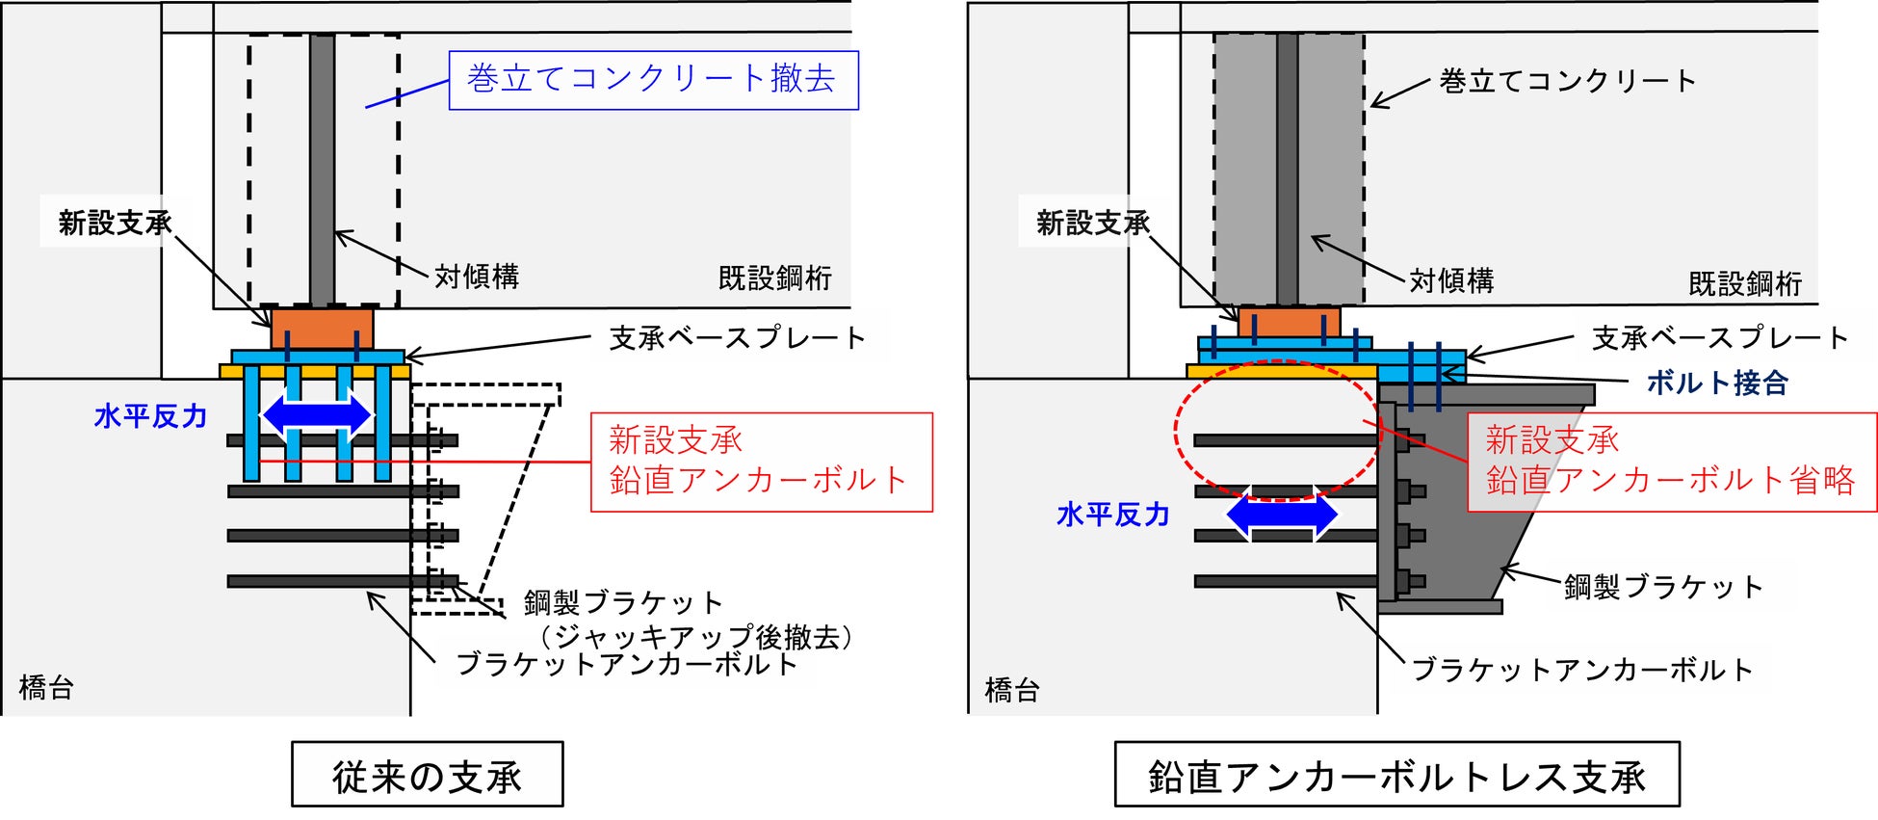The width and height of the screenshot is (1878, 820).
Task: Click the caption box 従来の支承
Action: point(427,774)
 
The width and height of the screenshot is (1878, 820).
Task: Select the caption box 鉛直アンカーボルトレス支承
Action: point(1396,774)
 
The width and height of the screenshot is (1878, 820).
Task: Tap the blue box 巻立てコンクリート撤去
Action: point(653,80)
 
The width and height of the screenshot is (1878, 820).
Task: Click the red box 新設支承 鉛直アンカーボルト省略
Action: point(1672,462)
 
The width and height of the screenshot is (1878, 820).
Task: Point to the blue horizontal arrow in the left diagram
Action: point(318,415)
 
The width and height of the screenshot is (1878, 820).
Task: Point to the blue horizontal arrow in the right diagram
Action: point(1282,515)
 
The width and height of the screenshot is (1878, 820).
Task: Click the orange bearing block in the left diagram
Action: point(322,329)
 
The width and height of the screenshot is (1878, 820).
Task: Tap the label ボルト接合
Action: point(1717,383)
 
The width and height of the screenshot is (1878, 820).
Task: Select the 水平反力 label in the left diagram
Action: point(150,416)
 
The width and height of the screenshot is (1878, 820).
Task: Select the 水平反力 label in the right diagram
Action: point(1113,515)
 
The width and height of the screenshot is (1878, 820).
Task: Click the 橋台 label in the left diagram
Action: point(46,687)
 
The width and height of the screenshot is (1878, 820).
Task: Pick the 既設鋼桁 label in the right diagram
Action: point(1745,283)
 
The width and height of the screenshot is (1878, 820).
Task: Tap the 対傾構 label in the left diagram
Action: point(477,277)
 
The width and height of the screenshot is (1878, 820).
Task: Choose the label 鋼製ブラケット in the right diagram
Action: point(1663,586)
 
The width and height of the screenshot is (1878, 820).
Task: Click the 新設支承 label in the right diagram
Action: point(1093,224)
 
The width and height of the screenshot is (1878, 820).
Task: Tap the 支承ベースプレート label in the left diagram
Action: point(738,337)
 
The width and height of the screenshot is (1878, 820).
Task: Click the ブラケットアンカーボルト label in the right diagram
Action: point(1581,670)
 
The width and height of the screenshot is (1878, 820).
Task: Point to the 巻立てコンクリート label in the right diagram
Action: point(1568,81)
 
